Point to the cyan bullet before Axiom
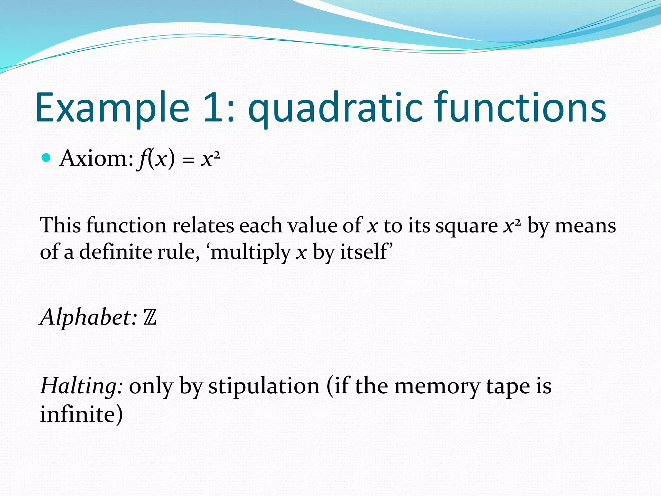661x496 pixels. coord(46,158)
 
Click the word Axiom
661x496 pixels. coord(96,159)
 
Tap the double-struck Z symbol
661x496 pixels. coord(150,317)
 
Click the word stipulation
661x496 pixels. coord(264,386)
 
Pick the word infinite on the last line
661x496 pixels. coord(77,414)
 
